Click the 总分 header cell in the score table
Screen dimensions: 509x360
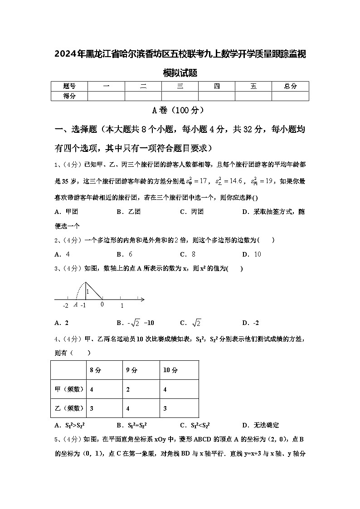pos(290,86)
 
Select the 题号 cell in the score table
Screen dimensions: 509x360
pos(69,86)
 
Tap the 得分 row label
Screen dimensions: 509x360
pos(69,96)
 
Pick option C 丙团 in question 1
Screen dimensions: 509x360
pos(191,212)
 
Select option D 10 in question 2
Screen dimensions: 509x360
pos(252,254)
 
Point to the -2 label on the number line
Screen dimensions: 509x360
pos(65,306)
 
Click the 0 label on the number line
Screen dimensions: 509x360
pos(102,305)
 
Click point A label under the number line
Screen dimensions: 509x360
pos(75,305)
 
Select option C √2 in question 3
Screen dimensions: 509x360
pos(191,323)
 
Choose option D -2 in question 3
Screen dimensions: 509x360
pos(251,323)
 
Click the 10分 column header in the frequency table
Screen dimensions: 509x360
pos(170,370)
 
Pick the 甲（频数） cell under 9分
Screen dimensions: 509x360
pos(128,389)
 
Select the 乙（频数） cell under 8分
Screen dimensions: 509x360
pos(92,408)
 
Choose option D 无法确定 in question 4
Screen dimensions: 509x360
pos(261,425)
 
